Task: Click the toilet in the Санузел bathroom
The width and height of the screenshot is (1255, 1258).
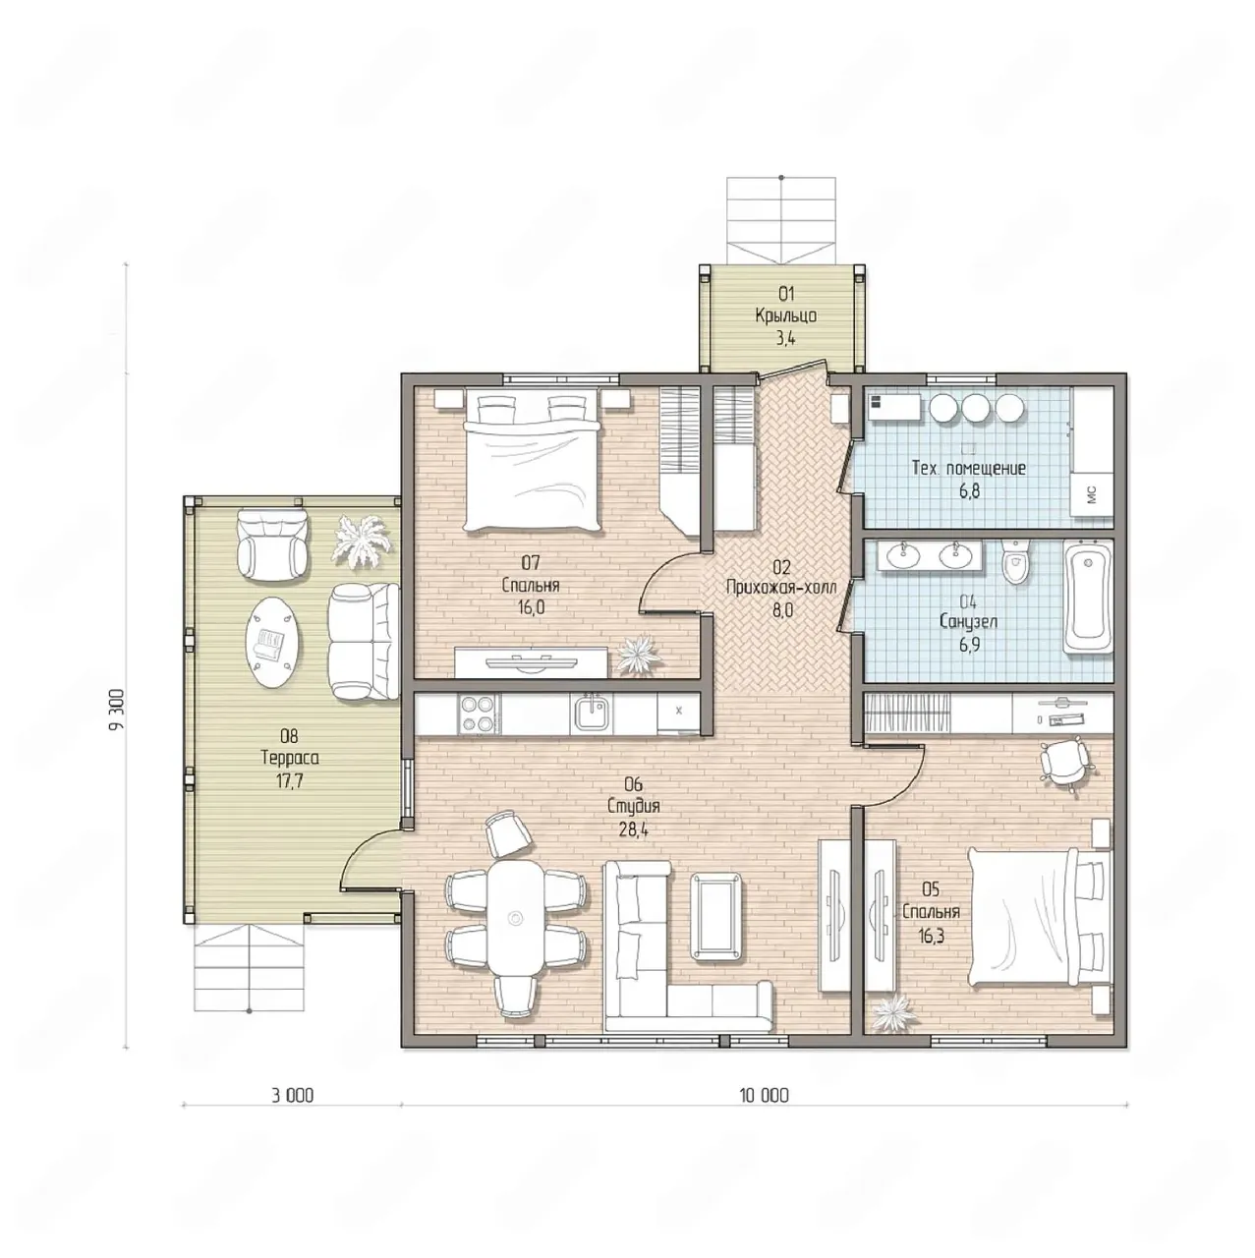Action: (1015, 561)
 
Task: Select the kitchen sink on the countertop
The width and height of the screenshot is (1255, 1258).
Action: (594, 713)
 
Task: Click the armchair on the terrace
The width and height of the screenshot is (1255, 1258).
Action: (271, 543)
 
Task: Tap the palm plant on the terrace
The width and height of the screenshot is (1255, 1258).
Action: (361, 542)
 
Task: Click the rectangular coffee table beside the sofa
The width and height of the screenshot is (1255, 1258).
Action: (717, 917)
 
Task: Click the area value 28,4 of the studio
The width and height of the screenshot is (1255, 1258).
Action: (633, 830)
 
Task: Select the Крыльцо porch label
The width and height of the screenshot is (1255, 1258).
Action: (786, 315)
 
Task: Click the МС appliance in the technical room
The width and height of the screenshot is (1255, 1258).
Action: (1092, 494)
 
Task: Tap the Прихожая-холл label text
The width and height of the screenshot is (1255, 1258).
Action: (781, 588)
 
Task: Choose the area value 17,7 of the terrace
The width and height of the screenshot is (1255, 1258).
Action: (289, 780)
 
